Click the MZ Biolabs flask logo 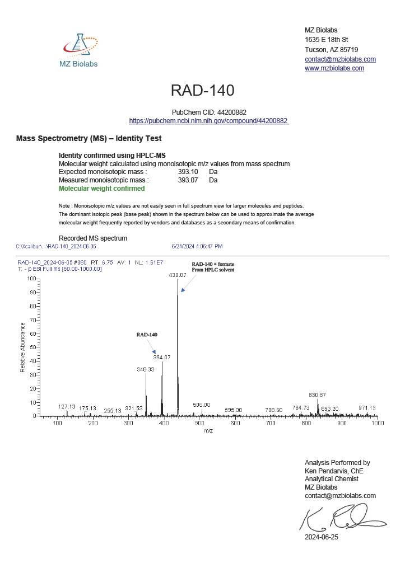click(x=79, y=45)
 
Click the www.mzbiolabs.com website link click(x=334, y=68)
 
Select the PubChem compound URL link click(x=208, y=121)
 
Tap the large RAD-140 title click(x=202, y=91)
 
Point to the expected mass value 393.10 click(x=188, y=172)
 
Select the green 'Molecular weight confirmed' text click(x=101, y=189)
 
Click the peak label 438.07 click(x=178, y=275)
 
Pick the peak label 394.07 click(x=162, y=357)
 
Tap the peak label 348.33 click(x=146, y=369)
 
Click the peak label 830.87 click(x=318, y=395)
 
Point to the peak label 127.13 click(x=67, y=407)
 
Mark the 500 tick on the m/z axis click(x=199, y=423)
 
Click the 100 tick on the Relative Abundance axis click(x=31, y=279)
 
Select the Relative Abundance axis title click(x=22, y=347)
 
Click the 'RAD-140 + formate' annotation click(x=213, y=266)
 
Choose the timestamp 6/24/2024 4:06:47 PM click(x=197, y=246)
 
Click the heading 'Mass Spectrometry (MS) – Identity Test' click(x=89, y=138)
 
